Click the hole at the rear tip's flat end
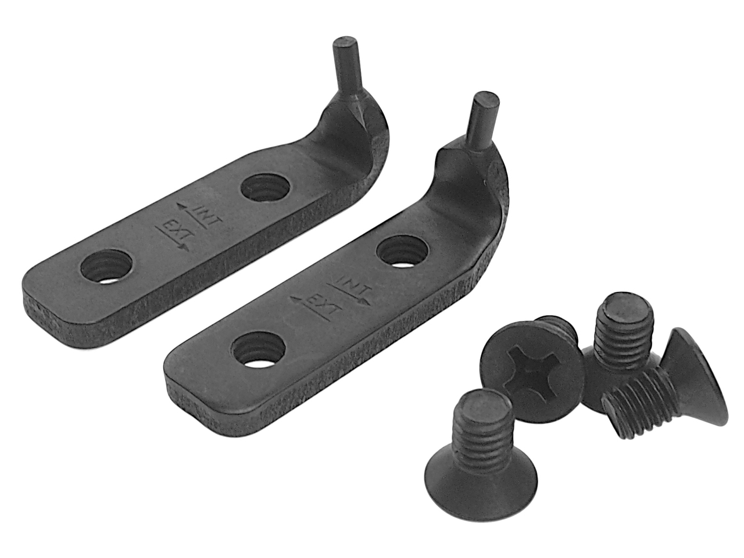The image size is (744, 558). [x=106, y=267]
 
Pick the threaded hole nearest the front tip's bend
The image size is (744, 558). [x=403, y=251]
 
